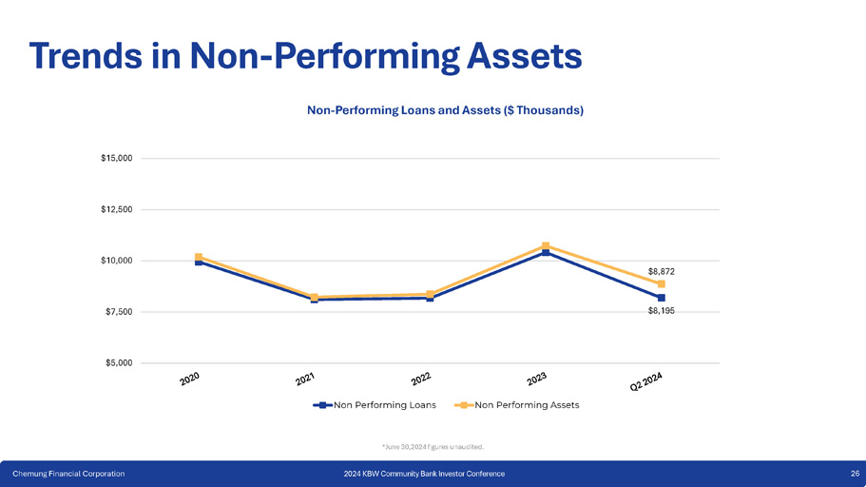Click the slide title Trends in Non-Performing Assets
(x=305, y=54)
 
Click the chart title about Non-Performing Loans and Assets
(x=445, y=110)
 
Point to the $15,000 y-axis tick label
(x=118, y=158)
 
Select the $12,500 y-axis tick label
(x=118, y=209)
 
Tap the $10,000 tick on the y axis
(x=118, y=261)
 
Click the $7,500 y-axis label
(x=120, y=312)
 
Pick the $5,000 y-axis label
(x=120, y=363)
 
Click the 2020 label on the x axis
(x=189, y=380)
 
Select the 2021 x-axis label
(x=305, y=380)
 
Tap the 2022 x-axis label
(x=421, y=380)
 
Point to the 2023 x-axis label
(x=537, y=380)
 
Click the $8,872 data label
(x=662, y=271)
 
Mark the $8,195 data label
(x=662, y=310)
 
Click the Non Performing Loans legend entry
(x=377, y=405)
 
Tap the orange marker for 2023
(x=546, y=245)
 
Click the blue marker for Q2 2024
(x=661, y=298)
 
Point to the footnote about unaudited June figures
(x=433, y=446)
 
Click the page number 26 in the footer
(x=855, y=474)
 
